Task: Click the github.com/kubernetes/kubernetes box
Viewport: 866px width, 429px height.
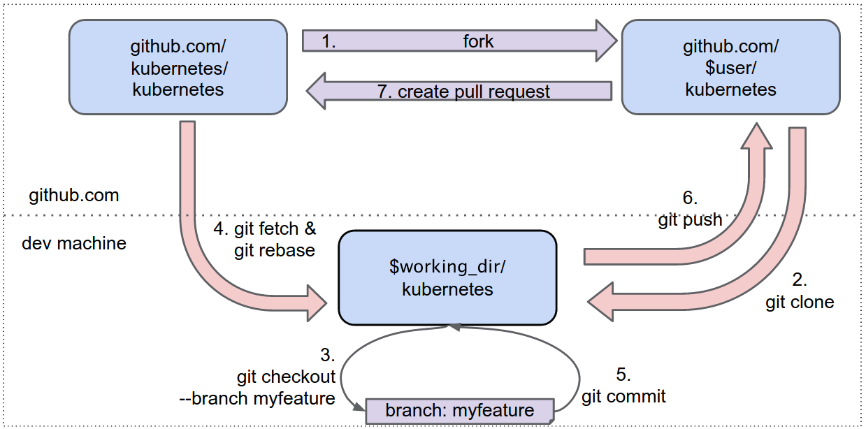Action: (x=178, y=67)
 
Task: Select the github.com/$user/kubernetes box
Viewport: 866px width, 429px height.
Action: (x=730, y=67)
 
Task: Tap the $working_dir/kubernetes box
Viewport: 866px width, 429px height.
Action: (x=447, y=277)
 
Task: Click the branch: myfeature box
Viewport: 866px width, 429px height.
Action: (x=459, y=410)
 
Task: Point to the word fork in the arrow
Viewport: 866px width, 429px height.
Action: (x=478, y=41)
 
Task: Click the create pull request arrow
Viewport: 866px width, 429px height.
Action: (x=461, y=92)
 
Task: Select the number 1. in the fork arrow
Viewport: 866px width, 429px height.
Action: (x=329, y=41)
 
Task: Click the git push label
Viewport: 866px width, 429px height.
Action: (x=690, y=220)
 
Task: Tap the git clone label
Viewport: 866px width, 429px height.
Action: (x=800, y=302)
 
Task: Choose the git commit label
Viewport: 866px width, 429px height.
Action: (x=623, y=396)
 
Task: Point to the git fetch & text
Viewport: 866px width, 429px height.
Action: (x=265, y=228)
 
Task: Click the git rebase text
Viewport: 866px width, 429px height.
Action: (x=275, y=249)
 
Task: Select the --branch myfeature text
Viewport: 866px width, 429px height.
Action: (x=257, y=398)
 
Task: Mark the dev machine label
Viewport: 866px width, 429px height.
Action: (x=74, y=243)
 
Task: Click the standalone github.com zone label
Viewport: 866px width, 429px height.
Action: (x=74, y=195)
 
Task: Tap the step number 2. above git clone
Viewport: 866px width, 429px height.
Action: (x=800, y=280)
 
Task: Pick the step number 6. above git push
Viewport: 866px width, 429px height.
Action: (x=690, y=198)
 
